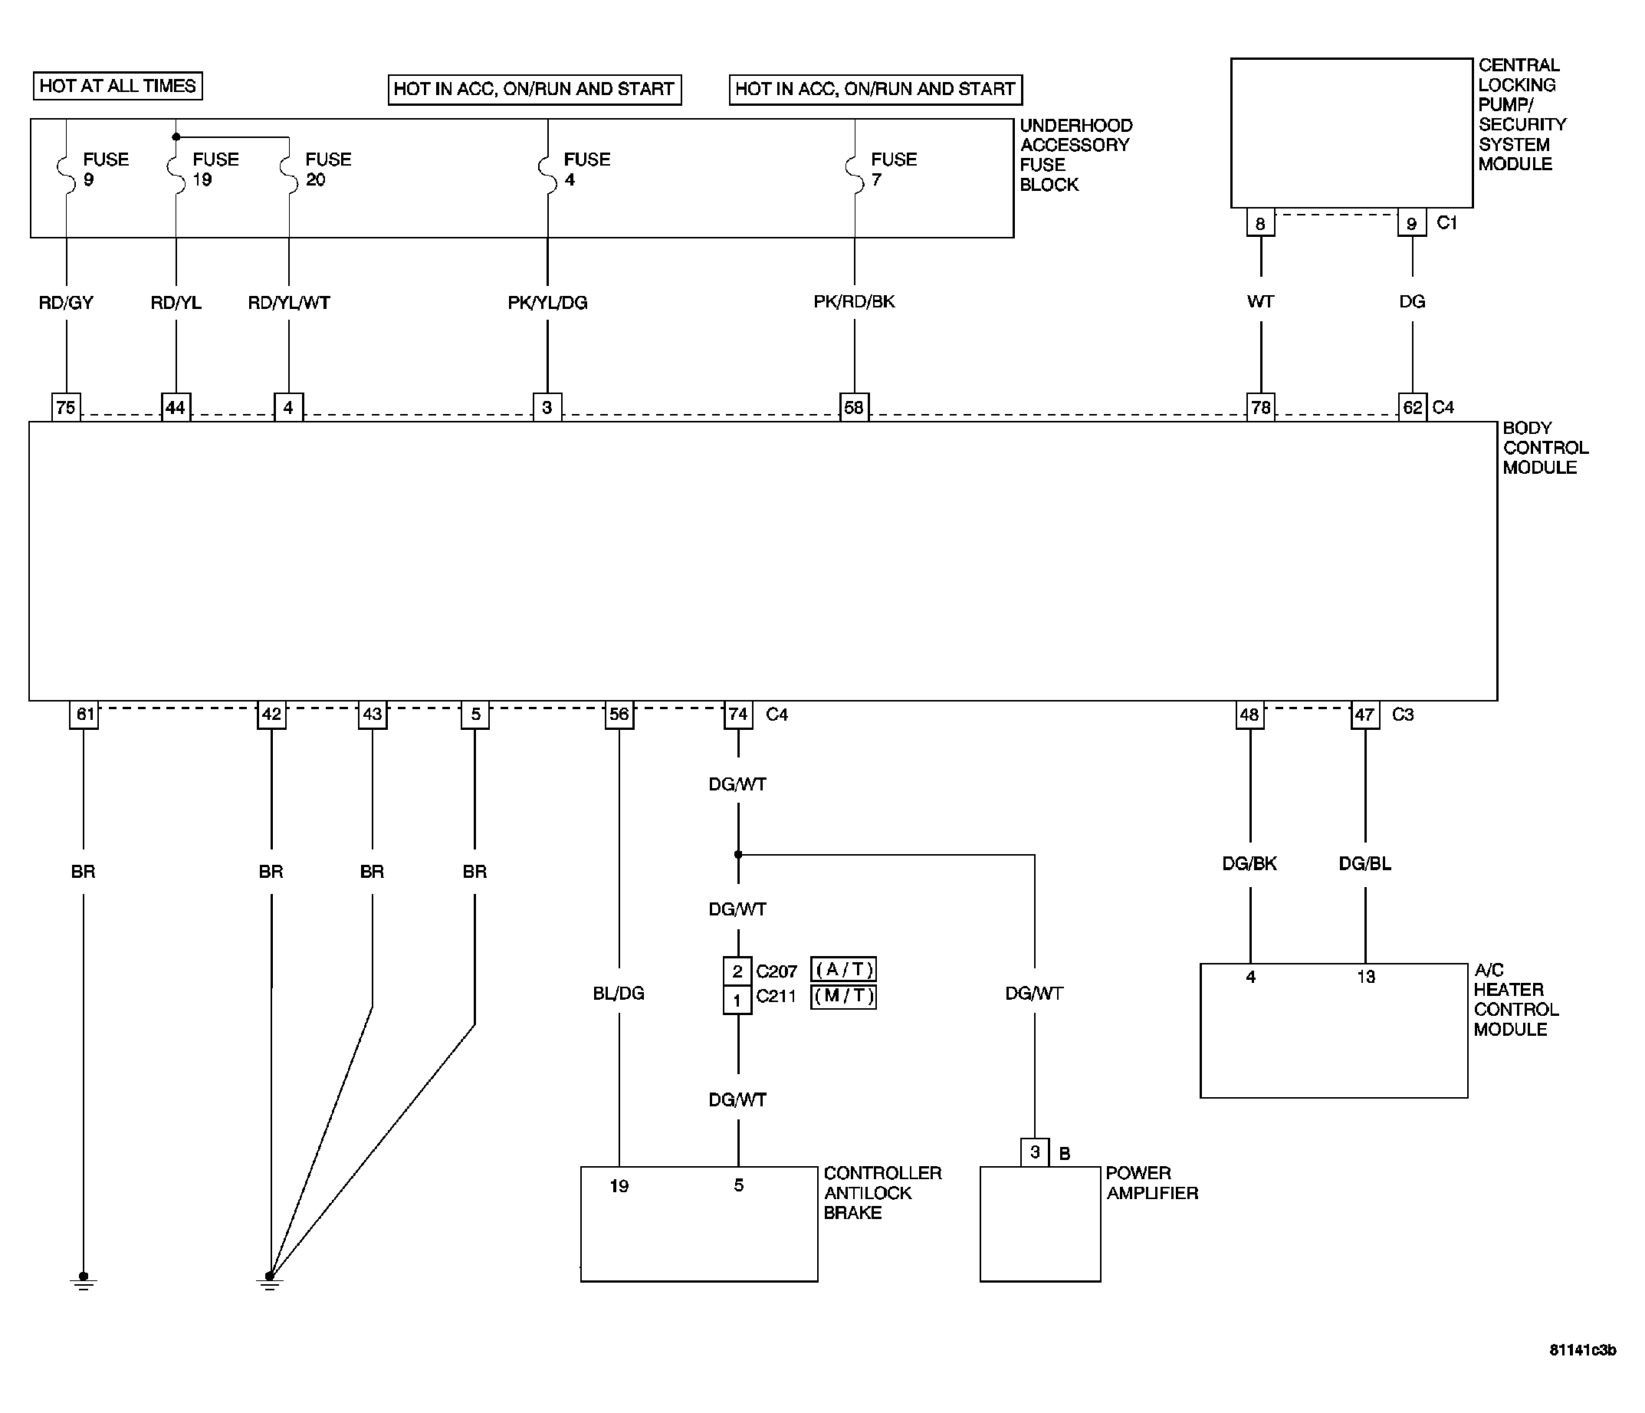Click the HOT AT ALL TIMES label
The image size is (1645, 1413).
(117, 86)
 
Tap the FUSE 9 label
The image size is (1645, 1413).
(106, 169)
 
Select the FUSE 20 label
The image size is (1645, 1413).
(328, 169)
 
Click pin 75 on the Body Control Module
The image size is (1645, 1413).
(66, 407)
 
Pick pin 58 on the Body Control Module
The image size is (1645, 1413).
(854, 407)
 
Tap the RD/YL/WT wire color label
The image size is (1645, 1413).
(289, 303)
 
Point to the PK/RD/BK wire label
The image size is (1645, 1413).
(854, 302)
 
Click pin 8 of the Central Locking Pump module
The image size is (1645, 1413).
(1261, 222)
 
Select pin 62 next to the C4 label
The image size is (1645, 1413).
(1413, 407)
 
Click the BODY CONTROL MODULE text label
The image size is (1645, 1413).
(1545, 448)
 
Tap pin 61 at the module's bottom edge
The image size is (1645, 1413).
(84, 714)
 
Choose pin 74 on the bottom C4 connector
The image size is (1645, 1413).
(738, 714)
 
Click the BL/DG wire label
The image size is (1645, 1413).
(619, 994)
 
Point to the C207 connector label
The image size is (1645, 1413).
(777, 971)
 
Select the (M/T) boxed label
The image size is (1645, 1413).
(843, 996)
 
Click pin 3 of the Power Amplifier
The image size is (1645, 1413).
(1035, 1152)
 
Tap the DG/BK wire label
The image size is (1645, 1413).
(1249, 863)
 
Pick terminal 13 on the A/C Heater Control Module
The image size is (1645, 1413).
(1365, 977)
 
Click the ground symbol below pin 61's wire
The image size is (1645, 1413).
(84, 1281)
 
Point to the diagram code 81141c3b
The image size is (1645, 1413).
(1582, 1350)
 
